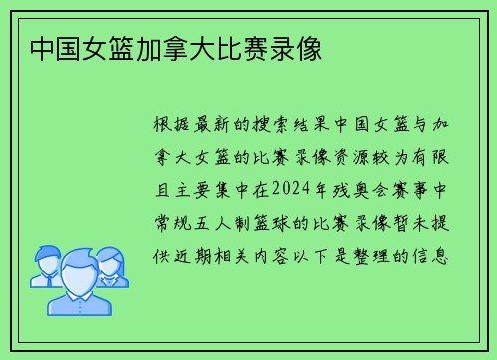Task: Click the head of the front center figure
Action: (79, 270)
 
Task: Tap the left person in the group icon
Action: (46, 264)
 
